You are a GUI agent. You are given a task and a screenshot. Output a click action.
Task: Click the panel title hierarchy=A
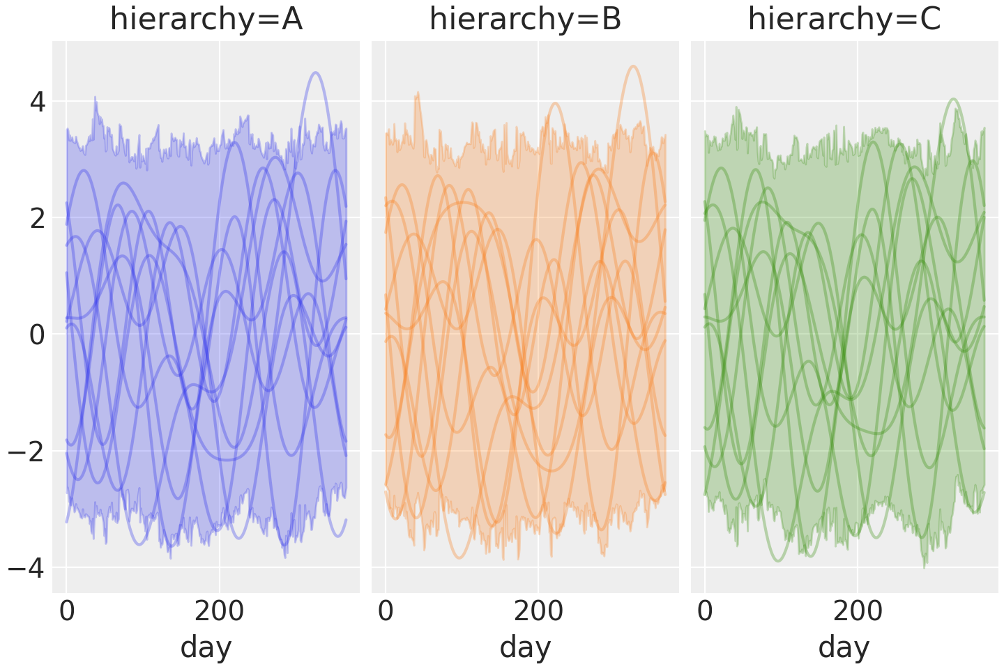coord(206,20)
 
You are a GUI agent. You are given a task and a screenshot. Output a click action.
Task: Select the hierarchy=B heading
coord(525,20)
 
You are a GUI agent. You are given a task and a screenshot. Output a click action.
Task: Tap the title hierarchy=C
coord(844,20)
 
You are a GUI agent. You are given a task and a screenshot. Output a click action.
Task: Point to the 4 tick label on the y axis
coord(37,102)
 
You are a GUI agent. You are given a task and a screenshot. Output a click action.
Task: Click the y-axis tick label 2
coord(37,219)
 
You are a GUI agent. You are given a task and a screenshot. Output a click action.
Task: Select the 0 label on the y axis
coord(37,335)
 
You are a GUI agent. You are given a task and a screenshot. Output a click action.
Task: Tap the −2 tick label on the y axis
coord(27,452)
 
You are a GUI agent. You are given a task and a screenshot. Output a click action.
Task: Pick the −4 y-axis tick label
coord(27,568)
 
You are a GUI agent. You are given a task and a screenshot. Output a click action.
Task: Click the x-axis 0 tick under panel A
coord(67,611)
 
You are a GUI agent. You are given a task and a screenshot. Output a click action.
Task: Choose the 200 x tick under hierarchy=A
coord(219,611)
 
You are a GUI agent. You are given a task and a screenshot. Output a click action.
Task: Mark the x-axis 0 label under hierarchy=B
coord(386,611)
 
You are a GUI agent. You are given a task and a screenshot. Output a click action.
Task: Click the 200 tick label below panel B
coord(538,611)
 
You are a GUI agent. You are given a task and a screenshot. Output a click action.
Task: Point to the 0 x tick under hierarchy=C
coord(705,611)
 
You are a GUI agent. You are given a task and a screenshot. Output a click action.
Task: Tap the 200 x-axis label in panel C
coord(858,611)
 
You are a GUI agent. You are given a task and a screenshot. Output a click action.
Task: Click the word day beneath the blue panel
coord(206,647)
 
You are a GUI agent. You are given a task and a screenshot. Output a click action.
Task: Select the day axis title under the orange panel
coord(525,647)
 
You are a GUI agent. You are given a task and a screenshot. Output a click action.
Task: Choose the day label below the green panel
coord(844,647)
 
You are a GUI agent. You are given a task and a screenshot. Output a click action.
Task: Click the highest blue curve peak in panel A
coord(316,72)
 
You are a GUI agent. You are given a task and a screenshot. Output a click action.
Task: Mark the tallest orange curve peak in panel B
coord(633,66)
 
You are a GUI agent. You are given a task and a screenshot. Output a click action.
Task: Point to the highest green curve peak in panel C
coord(954,99)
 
